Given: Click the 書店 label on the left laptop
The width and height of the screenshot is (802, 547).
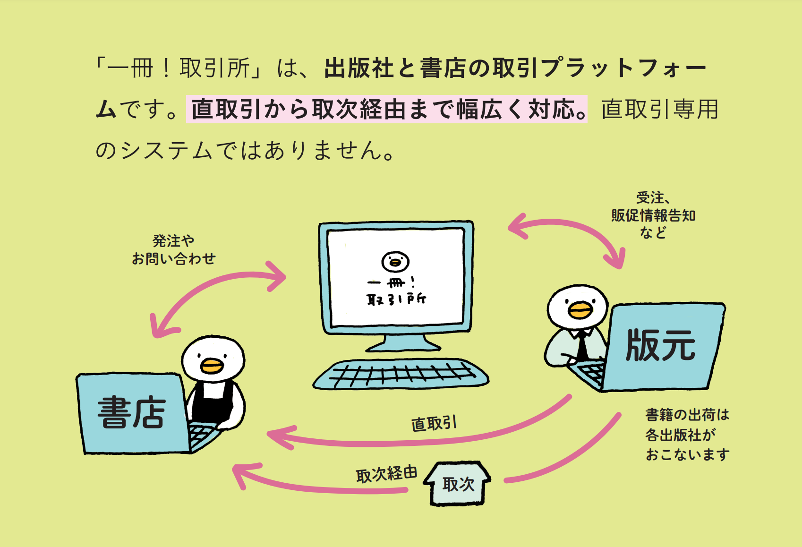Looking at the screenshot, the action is coord(131,413).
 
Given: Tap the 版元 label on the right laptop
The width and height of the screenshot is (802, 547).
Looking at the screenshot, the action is coord(661,345).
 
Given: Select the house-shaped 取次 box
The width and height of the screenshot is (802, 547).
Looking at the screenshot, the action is coord(457,483).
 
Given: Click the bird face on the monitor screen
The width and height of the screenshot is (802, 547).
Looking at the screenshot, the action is coord(395,261).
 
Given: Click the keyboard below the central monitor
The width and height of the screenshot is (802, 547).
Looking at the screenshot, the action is coord(401,374).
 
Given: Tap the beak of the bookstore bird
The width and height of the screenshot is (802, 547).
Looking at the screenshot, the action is coord(212,366).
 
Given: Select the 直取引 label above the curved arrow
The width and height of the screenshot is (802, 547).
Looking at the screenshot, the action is coord(434,424).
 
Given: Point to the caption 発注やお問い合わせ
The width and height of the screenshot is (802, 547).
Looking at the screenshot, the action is coord(174,249).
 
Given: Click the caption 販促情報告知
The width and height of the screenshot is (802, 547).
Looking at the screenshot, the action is coord(653,215).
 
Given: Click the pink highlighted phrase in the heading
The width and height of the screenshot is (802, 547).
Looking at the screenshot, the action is coord(387,109).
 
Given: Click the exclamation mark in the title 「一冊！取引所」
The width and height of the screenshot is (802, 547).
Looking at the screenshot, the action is coord(166,68).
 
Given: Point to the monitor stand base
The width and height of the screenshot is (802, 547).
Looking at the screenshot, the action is coord(403,344).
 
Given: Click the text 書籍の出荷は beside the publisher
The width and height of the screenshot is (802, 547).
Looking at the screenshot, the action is coord(687,415).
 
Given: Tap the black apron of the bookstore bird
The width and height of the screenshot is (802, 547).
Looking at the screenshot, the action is coord(213,402).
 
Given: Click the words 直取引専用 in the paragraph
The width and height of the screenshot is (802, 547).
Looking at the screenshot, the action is coord(660,109).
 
